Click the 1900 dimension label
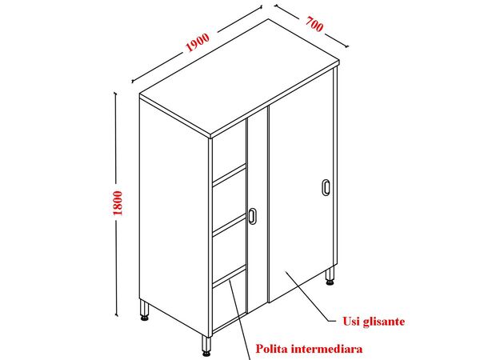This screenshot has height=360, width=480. pyautogui.click(x=198, y=42)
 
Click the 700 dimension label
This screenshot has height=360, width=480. pyautogui.click(x=314, y=24)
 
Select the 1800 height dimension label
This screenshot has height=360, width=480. pyautogui.click(x=118, y=202)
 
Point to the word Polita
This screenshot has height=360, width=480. pyautogui.click(x=271, y=349)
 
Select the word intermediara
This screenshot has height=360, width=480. pyautogui.click(x=326, y=349)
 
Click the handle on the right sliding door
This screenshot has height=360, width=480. pyautogui.click(x=326, y=187)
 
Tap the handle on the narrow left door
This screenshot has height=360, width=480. pyautogui.click(x=252, y=216)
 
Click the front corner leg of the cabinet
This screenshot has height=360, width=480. pyautogui.click(x=206, y=346)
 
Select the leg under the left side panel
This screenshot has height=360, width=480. pyautogui.click(x=145, y=310)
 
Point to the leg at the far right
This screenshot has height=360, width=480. pyautogui.click(x=330, y=275)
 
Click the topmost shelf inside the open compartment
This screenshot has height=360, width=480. pyautogui.click(x=230, y=174)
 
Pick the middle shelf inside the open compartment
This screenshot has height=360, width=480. pyautogui.click(x=230, y=224)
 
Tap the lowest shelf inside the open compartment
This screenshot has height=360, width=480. pyautogui.click(x=230, y=276)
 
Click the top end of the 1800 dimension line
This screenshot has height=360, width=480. pyautogui.click(x=116, y=92)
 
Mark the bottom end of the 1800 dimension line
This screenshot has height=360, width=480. pyautogui.click(x=116, y=315)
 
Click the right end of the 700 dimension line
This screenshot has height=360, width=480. pyautogui.click(x=347, y=47)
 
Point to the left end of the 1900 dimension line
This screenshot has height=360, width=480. pyautogui.click(x=132, y=82)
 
